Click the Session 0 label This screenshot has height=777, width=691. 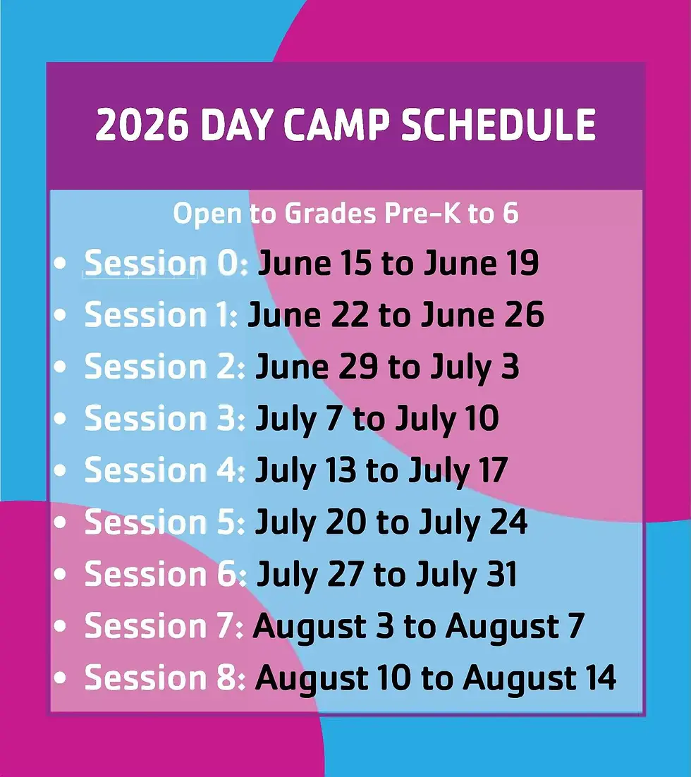click(x=166, y=263)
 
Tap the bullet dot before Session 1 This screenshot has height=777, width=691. click(x=61, y=315)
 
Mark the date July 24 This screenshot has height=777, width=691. click(x=473, y=522)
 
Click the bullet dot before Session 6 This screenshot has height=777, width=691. click(x=61, y=575)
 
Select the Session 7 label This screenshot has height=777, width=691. click(x=164, y=626)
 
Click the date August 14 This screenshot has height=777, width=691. click(x=539, y=678)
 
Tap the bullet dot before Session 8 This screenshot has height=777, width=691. click(x=61, y=678)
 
